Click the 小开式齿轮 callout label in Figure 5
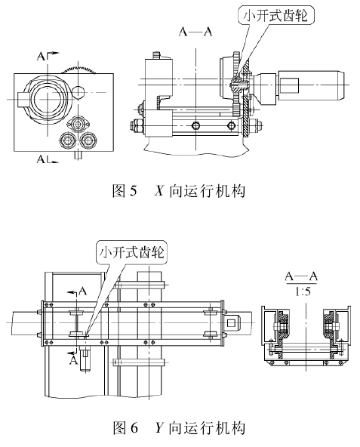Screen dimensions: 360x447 click(x=275, y=15)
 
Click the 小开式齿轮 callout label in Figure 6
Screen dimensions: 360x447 click(x=131, y=252)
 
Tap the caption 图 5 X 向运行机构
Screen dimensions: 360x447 click(x=179, y=191)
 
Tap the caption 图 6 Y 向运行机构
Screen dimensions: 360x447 click(x=179, y=427)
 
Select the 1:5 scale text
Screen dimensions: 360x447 click(x=302, y=291)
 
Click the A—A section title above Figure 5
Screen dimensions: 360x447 click(x=195, y=32)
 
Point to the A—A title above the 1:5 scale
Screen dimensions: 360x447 click(x=302, y=276)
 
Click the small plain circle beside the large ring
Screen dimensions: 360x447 click(x=78, y=92)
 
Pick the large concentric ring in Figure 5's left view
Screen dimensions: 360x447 click(x=47, y=99)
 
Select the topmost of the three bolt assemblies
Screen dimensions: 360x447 click(x=78, y=124)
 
